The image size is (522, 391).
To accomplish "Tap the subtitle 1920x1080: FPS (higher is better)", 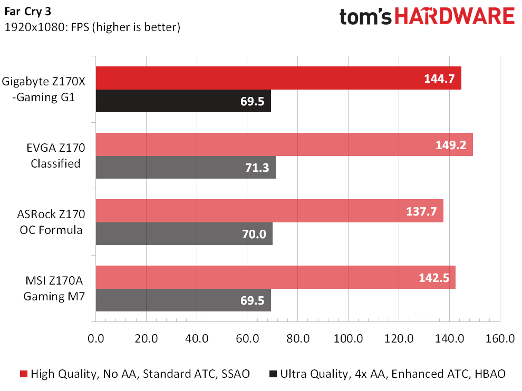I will pyautogui.click(x=92, y=27).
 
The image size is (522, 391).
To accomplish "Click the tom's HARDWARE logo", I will pyautogui.click(x=427, y=17).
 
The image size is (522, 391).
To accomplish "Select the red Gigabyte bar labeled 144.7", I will pyautogui.click(x=278, y=78).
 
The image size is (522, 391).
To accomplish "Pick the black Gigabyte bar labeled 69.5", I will pyautogui.click(x=183, y=101).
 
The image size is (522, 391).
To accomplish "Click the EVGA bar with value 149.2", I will pyautogui.click(x=284, y=144).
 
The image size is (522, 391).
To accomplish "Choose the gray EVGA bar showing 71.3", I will pyautogui.click(x=186, y=167).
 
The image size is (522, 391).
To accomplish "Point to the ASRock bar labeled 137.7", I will pyautogui.click(x=269, y=211).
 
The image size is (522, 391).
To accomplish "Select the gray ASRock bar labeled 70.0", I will pyautogui.click(x=184, y=233).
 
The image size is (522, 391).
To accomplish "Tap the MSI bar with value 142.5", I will pyautogui.click(x=275, y=277).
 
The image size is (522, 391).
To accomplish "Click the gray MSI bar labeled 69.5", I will pyautogui.click(x=183, y=300).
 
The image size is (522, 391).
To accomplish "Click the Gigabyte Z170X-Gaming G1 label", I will pyautogui.click(x=44, y=89).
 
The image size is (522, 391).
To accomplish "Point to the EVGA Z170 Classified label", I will pyautogui.click(x=55, y=155).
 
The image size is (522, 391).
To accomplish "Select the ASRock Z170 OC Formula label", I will pyautogui.click(x=51, y=222).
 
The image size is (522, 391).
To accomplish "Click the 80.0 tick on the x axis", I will pyautogui.click(x=297, y=338).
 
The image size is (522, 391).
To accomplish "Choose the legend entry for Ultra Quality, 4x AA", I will pyautogui.click(x=387, y=374).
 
